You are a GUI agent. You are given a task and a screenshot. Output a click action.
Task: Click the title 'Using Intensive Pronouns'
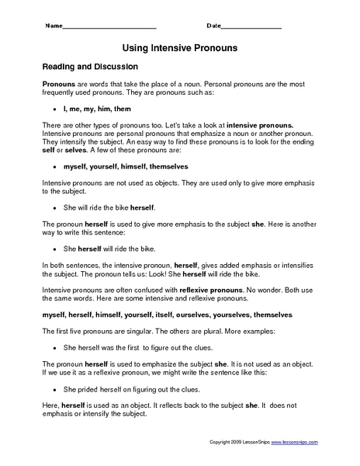(x=179, y=48)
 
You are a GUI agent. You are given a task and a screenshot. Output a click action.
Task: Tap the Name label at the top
(x=54, y=27)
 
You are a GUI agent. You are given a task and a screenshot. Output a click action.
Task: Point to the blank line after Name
(x=109, y=28)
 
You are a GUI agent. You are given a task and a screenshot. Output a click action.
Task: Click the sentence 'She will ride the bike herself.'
(x=109, y=208)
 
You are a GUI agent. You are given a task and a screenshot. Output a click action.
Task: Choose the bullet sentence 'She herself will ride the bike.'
(x=109, y=250)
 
